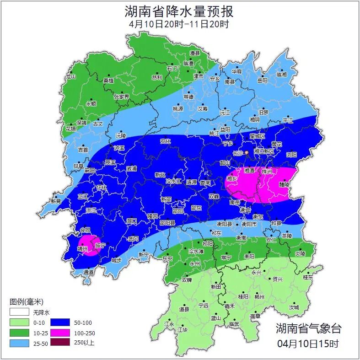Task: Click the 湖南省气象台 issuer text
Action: pyautogui.click(x=308, y=328)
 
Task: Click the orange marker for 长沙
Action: pyautogui.click(x=247, y=152)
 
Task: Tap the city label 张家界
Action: pyautogui.click(x=121, y=97)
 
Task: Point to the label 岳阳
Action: pyautogui.click(x=262, y=81)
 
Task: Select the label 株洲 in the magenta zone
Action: pyautogui.click(x=267, y=171)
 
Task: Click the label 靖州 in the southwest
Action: pyautogui.click(x=82, y=249)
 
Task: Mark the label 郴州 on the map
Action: pyautogui.click(x=259, y=297)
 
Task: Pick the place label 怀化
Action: pyautogui.click(x=102, y=188)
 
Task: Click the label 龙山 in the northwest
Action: pyautogui.click(x=70, y=77)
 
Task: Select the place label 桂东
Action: pyautogui.click(x=308, y=277)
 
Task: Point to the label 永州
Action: pyautogui.click(x=194, y=264)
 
